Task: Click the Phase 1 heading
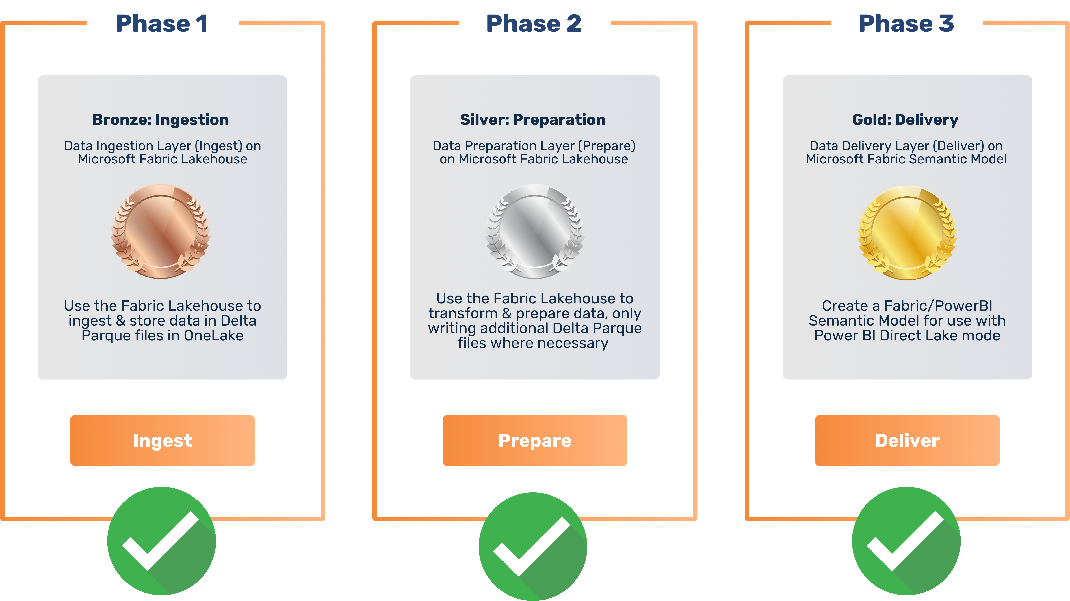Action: click(x=161, y=24)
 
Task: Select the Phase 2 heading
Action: click(x=534, y=24)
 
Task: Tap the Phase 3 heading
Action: click(x=906, y=24)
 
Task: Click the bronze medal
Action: click(x=161, y=231)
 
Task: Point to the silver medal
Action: click(x=535, y=231)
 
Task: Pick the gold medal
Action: click(x=908, y=232)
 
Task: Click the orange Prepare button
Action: click(x=535, y=440)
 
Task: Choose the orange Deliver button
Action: click(x=907, y=440)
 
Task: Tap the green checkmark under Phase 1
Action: click(x=161, y=541)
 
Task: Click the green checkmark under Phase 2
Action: click(x=533, y=546)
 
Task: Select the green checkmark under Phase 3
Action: click(x=906, y=541)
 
